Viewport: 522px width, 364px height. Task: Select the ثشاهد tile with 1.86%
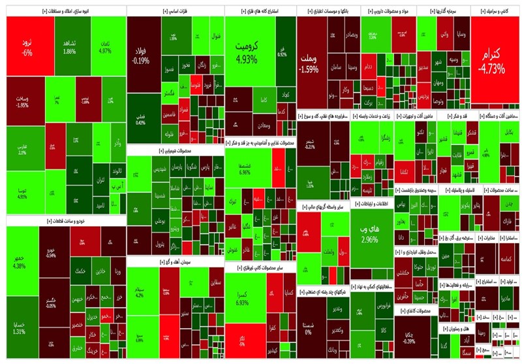click(70, 47)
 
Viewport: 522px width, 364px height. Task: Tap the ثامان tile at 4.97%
click(105, 46)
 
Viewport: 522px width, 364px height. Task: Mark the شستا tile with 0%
click(311, 329)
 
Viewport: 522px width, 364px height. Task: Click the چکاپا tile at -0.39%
click(410, 337)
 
